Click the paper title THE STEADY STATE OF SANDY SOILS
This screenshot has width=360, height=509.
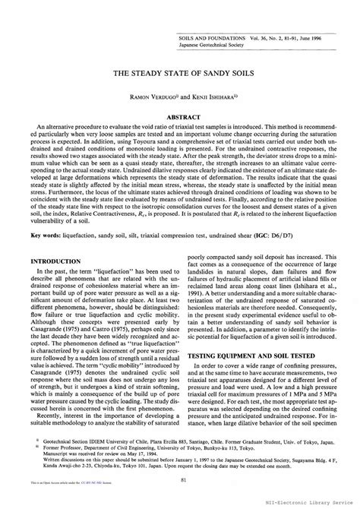pos(180,76)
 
